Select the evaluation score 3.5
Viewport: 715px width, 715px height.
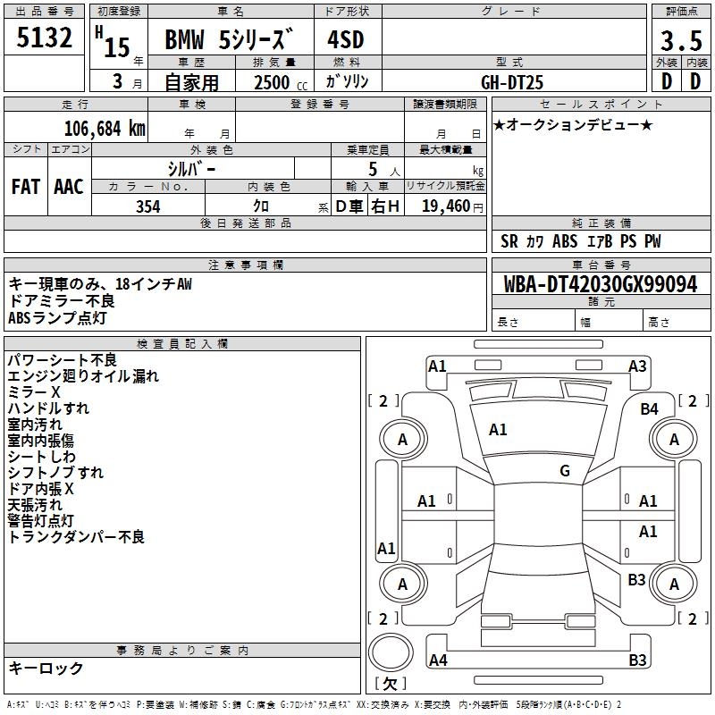(681, 40)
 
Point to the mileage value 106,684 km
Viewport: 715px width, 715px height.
(105, 128)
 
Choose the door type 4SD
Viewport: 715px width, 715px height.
(347, 40)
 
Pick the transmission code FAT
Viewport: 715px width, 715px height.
(26, 186)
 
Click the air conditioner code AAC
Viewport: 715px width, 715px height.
(69, 186)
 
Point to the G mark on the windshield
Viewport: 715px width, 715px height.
(565, 471)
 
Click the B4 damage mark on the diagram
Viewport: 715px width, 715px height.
(650, 408)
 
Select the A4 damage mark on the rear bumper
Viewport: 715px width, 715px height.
(438, 660)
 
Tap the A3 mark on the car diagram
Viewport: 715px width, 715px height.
(637, 366)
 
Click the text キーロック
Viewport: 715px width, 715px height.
(46, 668)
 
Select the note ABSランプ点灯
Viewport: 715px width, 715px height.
(57, 317)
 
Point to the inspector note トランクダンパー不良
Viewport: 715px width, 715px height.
(76, 536)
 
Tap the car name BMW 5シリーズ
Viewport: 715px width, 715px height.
(230, 40)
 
